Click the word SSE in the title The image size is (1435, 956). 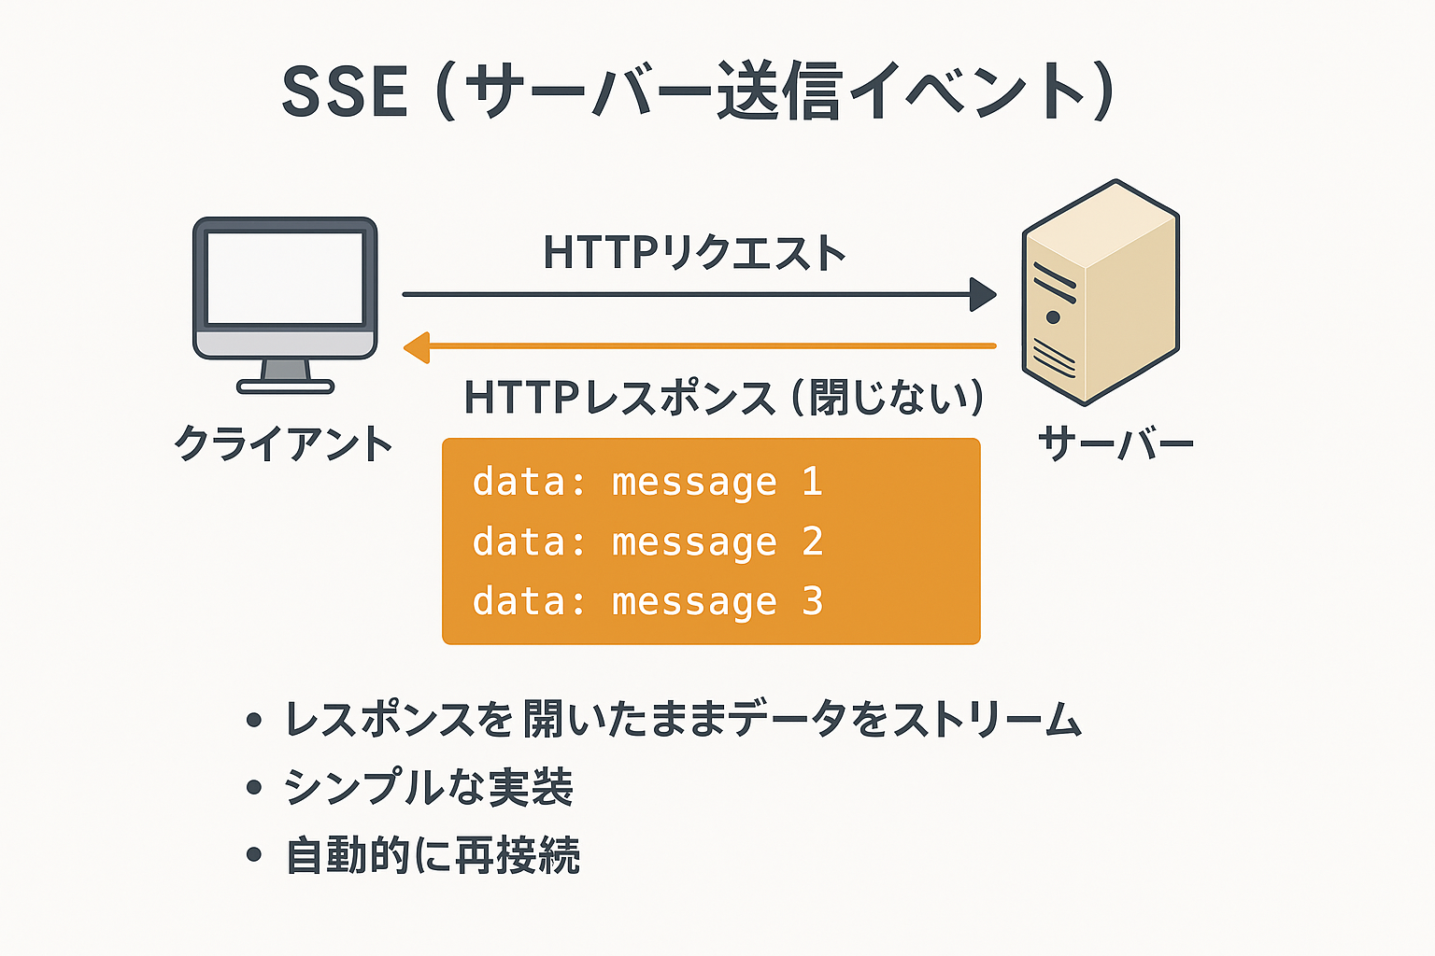coord(345,92)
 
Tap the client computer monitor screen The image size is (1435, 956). coord(285,277)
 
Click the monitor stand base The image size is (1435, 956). coord(285,386)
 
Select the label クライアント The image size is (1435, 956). coord(283,443)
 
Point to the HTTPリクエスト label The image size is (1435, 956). coord(694,253)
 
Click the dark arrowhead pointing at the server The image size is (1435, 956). coord(982,295)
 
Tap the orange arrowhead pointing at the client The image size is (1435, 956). coord(417,347)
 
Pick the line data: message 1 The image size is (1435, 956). coord(647,483)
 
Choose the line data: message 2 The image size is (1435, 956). coord(647,542)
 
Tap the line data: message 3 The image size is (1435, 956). coord(647,602)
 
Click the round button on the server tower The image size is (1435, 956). coord(1053,317)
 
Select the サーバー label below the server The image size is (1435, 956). coord(1115,443)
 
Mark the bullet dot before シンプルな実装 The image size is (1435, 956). coord(253,787)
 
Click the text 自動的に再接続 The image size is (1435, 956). coord(433,855)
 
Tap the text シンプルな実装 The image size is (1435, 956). coord(429,787)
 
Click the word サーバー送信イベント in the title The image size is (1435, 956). coord(774,92)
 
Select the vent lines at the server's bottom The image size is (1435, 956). coord(1053,358)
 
